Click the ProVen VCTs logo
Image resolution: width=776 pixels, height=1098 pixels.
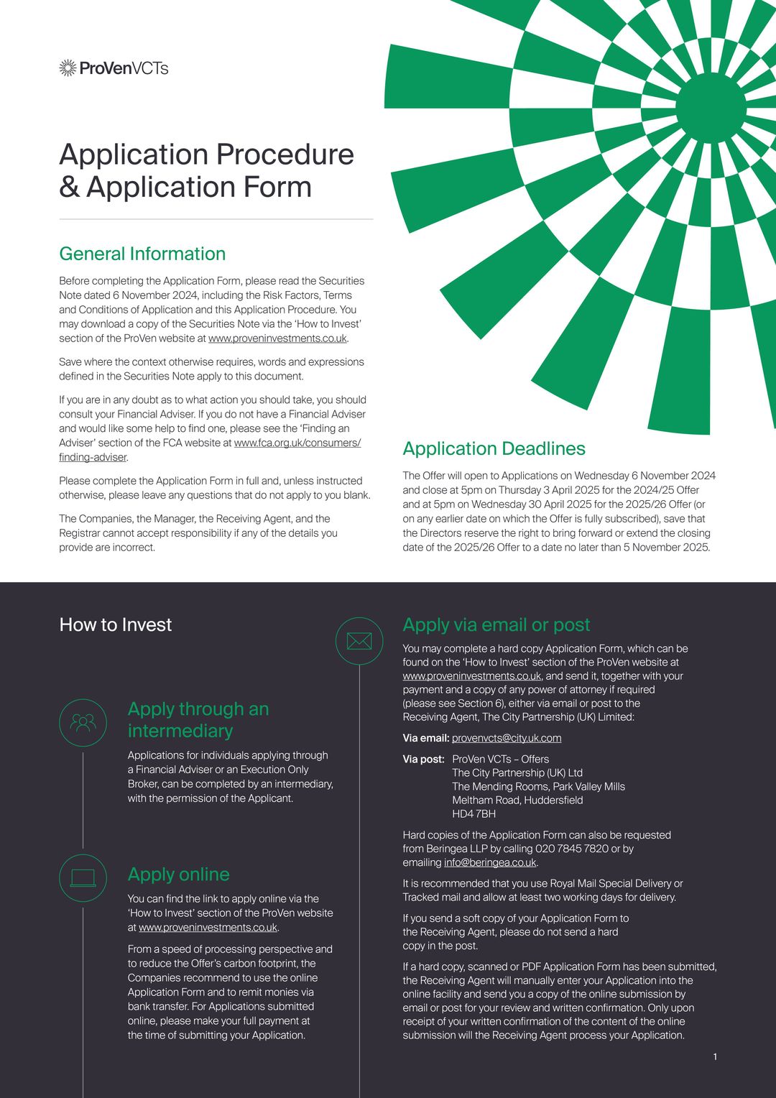click(114, 68)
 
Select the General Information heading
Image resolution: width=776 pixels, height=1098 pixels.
click(142, 254)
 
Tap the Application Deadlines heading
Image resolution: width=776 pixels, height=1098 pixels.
click(494, 448)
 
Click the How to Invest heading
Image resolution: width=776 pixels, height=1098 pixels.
click(116, 624)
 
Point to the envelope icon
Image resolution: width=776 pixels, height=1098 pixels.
click(359, 640)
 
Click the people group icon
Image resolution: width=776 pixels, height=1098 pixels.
click(83, 722)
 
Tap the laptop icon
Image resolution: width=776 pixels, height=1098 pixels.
click(83, 877)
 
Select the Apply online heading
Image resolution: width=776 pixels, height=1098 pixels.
click(179, 875)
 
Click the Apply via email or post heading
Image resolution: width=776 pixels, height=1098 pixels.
click(496, 624)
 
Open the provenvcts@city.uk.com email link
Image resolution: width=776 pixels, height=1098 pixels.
click(507, 738)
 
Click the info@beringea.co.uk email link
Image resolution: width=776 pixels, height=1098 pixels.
click(490, 862)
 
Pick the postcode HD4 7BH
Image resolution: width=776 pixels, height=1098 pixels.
click(474, 814)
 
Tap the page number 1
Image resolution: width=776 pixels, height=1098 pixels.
click(715, 1056)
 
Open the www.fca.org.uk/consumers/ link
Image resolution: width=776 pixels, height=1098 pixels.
click(297, 443)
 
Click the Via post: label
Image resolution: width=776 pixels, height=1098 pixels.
click(423, 759)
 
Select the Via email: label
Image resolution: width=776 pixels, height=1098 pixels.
click(426, 738)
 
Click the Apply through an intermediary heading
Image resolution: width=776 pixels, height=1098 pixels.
click(198, 719)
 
